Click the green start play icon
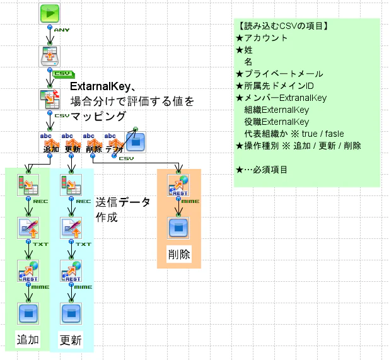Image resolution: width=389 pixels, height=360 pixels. [x=49, y=13]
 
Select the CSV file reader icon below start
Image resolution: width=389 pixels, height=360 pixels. [x=49, y=56]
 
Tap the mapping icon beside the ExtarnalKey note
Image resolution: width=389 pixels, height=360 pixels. [x=49, y=99]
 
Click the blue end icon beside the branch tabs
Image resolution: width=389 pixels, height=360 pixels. [x=136, y=142]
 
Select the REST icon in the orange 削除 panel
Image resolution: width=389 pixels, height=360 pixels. [x=178, y=185]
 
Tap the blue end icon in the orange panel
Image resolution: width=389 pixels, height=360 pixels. [x=178, y=228]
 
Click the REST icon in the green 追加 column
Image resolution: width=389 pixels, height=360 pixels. [x=28, y=271]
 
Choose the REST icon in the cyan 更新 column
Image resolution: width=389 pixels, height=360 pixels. [x=71, y=271]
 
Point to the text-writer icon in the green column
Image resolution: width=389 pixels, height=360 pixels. [x=28, y=228]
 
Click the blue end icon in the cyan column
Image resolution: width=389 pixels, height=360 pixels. [x=71, y=314]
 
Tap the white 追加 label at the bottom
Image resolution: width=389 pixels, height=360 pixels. [x=28, y=339]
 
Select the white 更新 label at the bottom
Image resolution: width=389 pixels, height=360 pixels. [x=71, y=340]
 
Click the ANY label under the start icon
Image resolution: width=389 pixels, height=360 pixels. [x=62, y=30]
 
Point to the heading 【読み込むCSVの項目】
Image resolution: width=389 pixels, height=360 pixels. [x=282, y=26]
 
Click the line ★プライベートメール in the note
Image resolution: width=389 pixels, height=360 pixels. [x=279, y=74]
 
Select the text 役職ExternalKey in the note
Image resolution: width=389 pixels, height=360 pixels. [x=277, y=122]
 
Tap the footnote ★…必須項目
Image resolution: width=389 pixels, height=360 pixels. [x=262, y=170]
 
